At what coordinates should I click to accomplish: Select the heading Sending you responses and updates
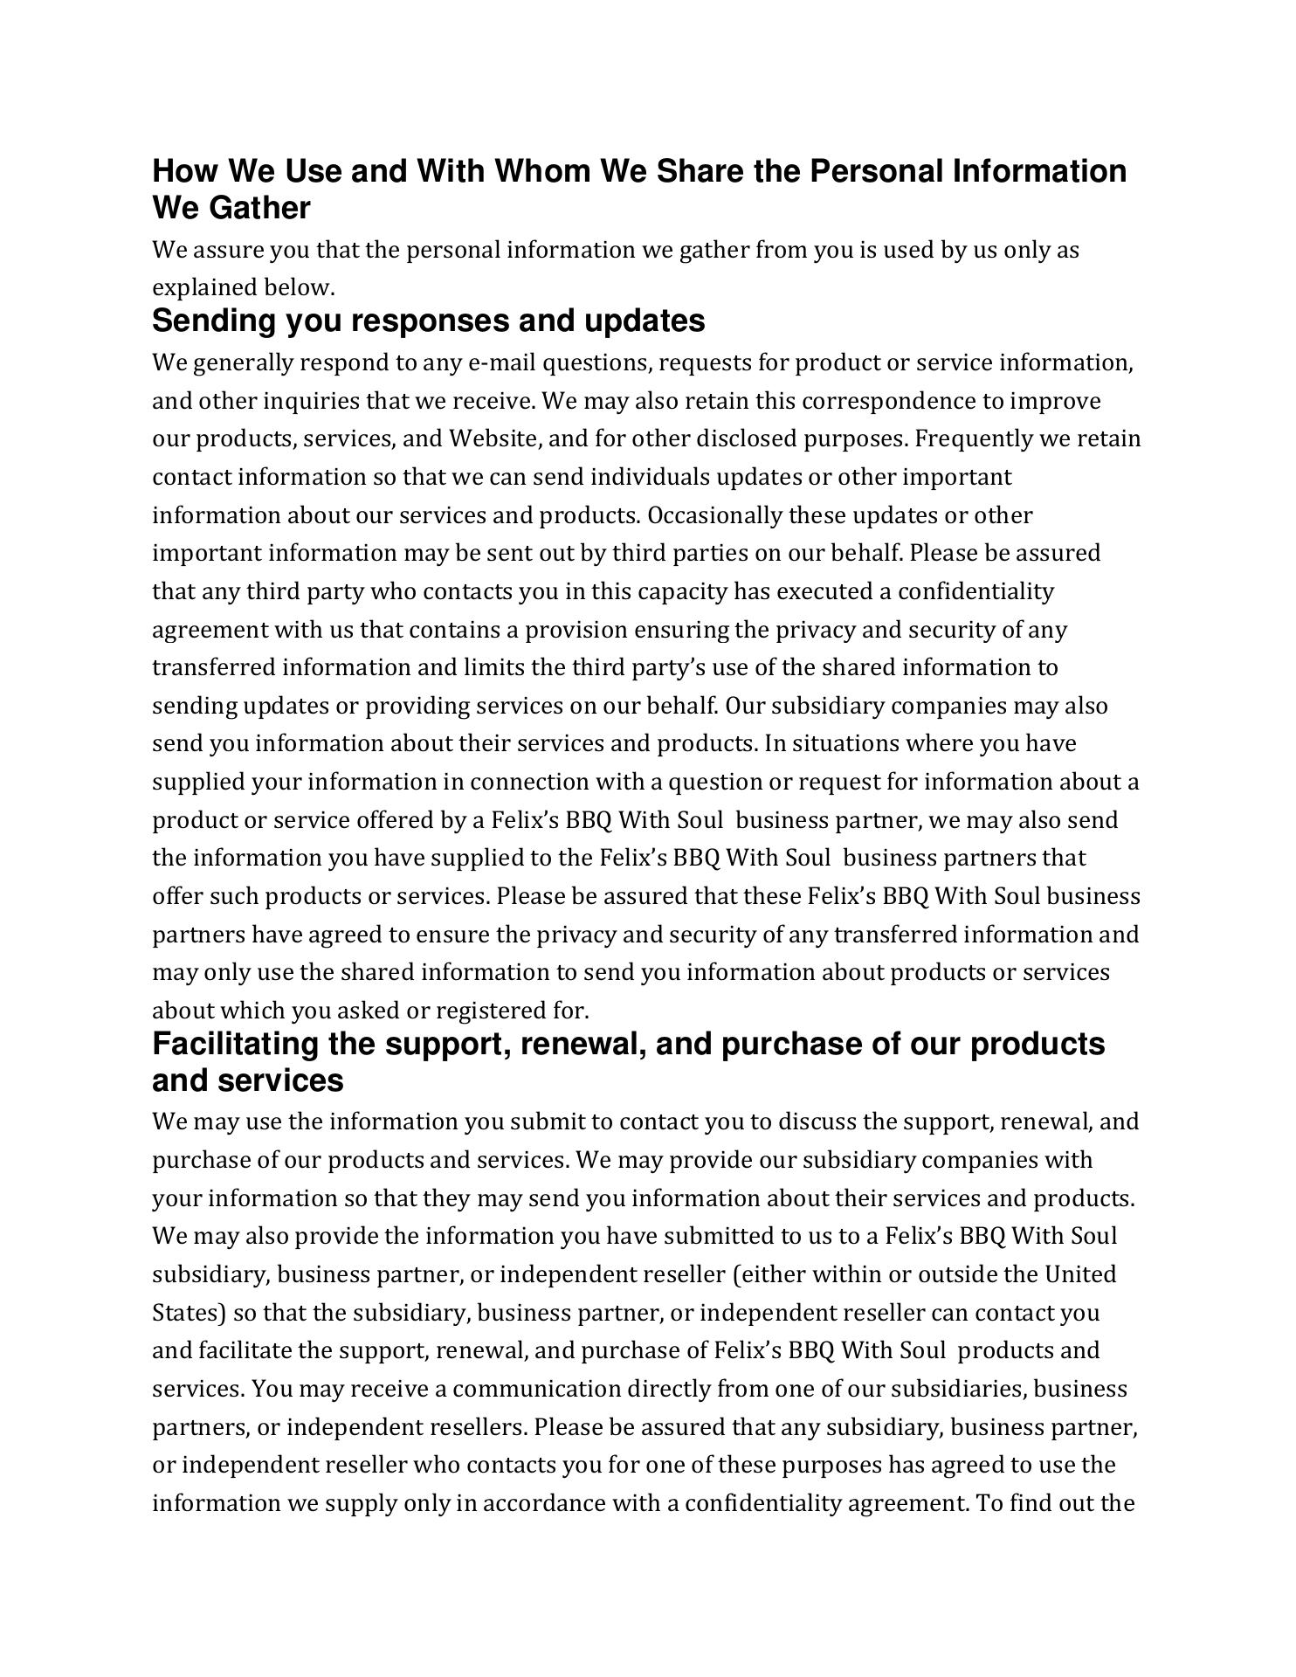point(428,321)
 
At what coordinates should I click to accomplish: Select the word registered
point(491,1011)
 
